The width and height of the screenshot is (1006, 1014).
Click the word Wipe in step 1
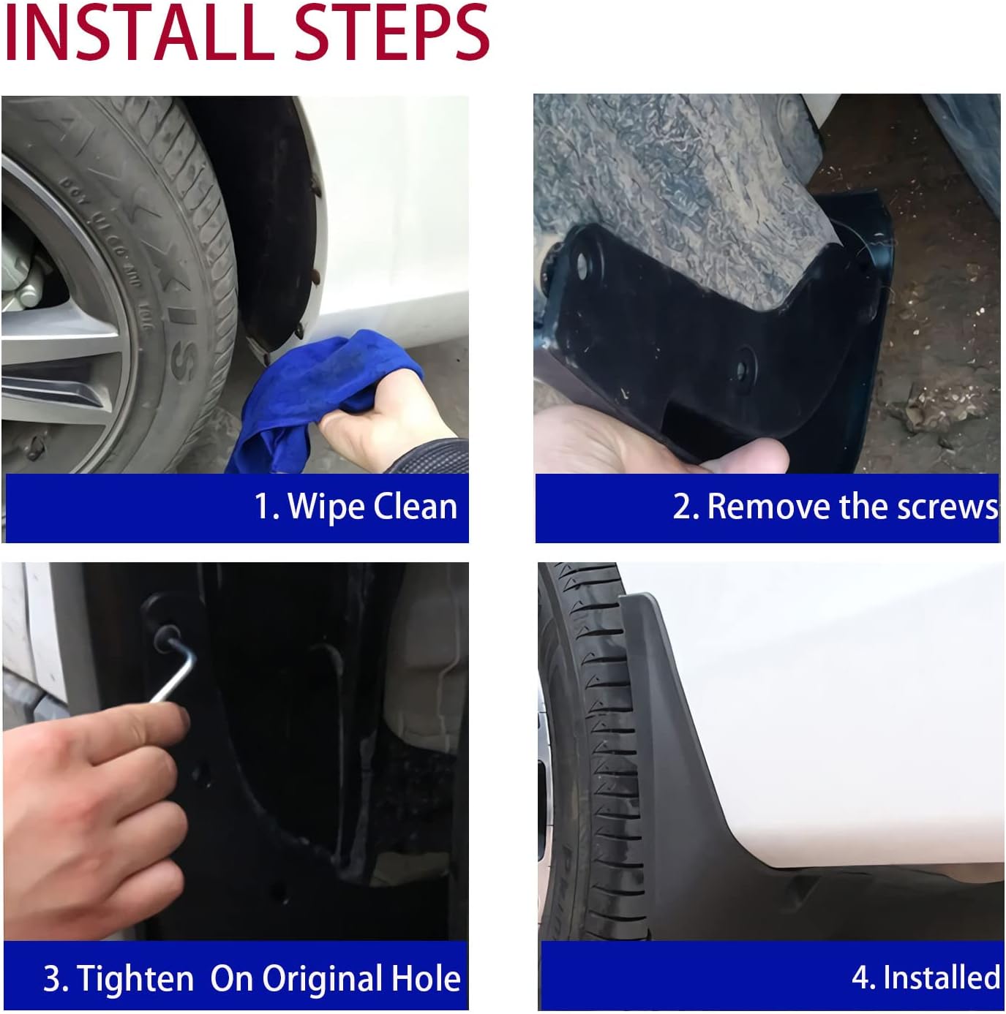325,507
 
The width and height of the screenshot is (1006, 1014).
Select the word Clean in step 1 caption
415,507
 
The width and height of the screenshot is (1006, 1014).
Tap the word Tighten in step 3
135,978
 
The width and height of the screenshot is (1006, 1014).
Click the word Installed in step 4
941,977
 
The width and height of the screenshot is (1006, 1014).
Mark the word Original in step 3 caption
319,978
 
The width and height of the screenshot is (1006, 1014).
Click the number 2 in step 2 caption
682,507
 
